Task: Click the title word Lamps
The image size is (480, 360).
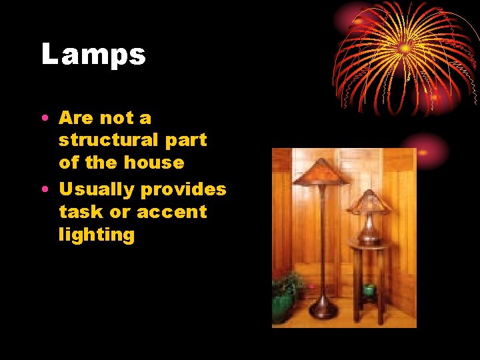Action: (93, 55)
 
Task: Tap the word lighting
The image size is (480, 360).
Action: (97, 235)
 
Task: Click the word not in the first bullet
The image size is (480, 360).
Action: (117, 118)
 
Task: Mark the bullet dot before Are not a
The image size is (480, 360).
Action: (43, 119)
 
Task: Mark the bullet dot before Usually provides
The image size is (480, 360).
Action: (43, 190)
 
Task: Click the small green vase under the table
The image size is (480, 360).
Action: (368, 290)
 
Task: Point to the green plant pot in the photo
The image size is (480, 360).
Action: (283, 307)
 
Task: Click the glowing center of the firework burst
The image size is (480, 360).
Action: (405, 48)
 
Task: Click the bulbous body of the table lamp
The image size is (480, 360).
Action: (370, 230)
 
